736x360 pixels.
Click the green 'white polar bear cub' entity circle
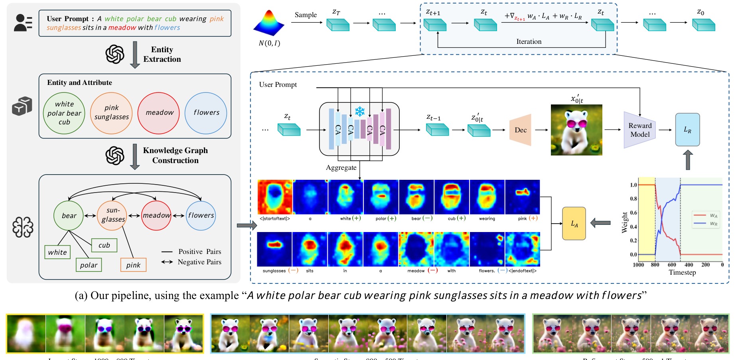[x=64, y=113]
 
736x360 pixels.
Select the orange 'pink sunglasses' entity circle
[x=111, y=113]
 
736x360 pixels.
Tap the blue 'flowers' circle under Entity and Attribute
[x=206, y=113]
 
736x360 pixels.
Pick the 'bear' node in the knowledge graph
[x=69, y=216]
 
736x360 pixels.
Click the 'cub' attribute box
[x=104, y=245]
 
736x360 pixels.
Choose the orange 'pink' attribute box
[x=133, y=265]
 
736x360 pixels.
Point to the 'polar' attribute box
[x=89, y=265]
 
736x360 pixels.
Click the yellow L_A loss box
[x=574, y=224]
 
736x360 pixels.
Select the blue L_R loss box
[x=687, y=130]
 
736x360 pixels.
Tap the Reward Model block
[x=639, y=130]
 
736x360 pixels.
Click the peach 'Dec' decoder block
[x=520, y=130]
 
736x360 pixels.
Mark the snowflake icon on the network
[x=360, y=111]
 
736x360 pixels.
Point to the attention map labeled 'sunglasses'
[x=274, y=249]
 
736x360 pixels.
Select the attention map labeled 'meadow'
[x=416, y=249]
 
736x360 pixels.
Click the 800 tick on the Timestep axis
[x=655, y=265]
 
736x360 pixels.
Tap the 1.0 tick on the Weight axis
[x=633, y=185]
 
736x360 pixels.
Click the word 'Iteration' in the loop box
[x=529, y=41]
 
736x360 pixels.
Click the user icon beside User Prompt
[x=23, y=23]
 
